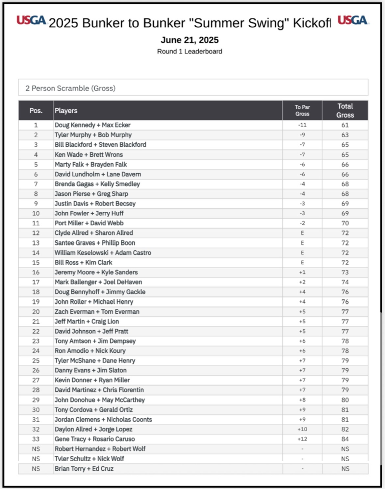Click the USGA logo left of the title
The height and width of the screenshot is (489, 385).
coord(31,20)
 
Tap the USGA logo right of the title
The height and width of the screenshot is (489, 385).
coord(353,20)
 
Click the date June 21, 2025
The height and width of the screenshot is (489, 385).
coord(190,39)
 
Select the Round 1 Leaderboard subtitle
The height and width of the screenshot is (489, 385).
coord(190,51)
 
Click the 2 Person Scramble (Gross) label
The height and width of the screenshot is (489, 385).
coord(70,88)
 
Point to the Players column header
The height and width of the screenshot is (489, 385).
coord(66,111)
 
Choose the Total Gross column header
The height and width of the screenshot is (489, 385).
coord(345,110)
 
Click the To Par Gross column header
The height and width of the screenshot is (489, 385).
coord(302,111)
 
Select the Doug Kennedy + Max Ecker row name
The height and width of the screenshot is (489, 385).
coord(92,125)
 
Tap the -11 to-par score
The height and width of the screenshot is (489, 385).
coord(302,125)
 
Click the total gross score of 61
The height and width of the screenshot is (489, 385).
coord(345,125)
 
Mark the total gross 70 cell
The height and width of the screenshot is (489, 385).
coord(345,223)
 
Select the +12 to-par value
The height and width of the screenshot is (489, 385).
coord(302,439)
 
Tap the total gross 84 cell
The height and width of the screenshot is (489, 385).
coord(345,439)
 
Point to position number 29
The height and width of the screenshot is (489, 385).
coord(36,400)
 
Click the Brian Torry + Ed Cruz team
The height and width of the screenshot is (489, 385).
coord(84,469)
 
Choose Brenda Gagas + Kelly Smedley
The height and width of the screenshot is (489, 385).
coord(97,184)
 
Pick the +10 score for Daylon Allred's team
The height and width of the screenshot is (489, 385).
coord(302,429)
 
